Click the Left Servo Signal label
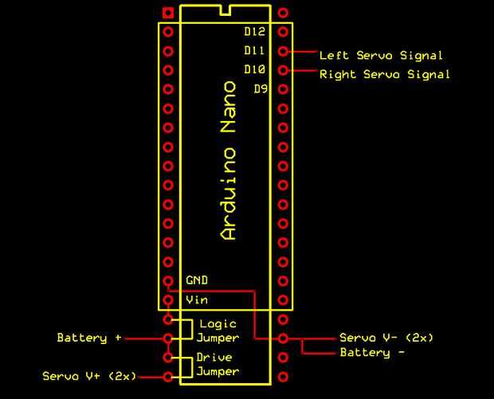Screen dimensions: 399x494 381,56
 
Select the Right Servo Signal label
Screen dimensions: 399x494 385,75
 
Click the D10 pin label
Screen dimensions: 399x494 254,70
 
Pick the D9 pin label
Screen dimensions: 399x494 260,89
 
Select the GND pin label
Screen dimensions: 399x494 197,280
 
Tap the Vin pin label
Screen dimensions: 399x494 196,300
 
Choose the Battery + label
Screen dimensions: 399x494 89,338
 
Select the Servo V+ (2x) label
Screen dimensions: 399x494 89,375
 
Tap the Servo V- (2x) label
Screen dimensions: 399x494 386,338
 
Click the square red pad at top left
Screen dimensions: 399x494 168,13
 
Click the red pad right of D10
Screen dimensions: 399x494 284,71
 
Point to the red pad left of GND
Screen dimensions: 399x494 168,281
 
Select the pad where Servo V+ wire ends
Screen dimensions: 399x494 168,376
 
